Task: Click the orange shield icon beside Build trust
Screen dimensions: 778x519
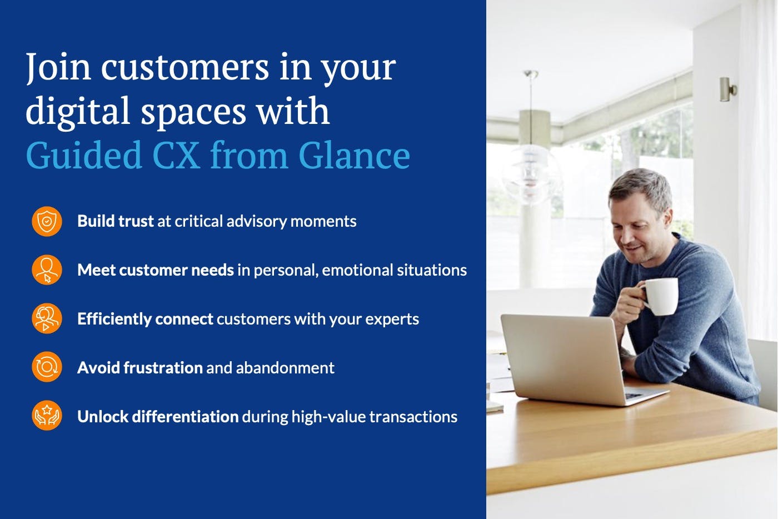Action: pos(47,221)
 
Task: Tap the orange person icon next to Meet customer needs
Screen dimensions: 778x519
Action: pos(47,270)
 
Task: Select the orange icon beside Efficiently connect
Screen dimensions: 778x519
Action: pos(47,318)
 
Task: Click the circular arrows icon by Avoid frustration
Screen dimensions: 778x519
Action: pos(47,367)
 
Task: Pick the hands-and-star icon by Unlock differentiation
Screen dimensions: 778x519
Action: pos(47,416)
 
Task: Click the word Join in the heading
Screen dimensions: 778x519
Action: pos(58,67)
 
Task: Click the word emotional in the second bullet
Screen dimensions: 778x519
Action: pos(357,270)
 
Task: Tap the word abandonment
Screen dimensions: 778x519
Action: pos(285,368)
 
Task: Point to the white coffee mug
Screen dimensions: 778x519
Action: pos(660,296)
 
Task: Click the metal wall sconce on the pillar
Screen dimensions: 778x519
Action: pos(727,89)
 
